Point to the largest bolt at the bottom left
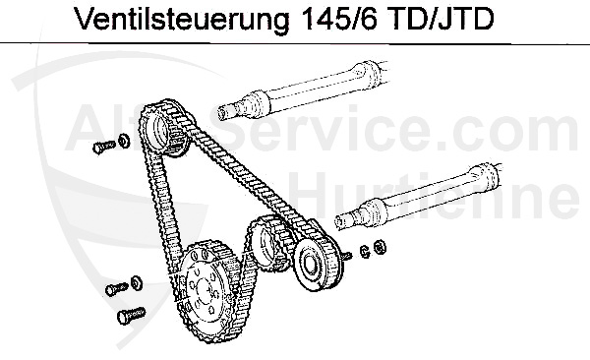coord(128,316)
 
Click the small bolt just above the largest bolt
coord(112,289)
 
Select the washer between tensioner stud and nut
coord(365,251)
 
